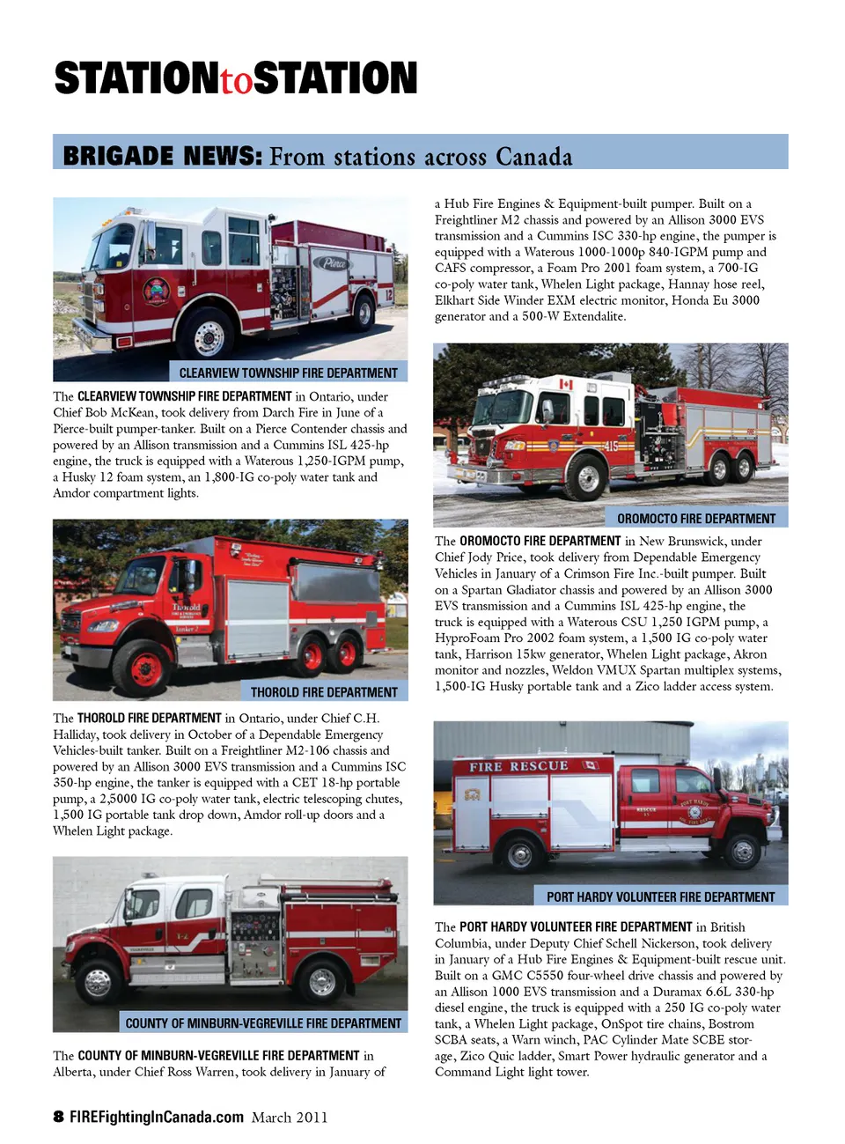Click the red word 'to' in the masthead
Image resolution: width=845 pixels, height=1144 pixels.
pyautogui.click(x=236, y=80)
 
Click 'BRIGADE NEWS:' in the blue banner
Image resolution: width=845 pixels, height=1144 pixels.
pyautogui.click(x=163, y=156)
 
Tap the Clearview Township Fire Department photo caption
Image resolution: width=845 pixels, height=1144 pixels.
pyautogui.click(x=288, y=373)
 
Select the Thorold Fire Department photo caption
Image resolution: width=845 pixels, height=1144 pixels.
pyautogui.click(x=324, y=692)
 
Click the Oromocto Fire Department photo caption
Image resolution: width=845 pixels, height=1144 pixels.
pyautogui.click(x=696, y=519)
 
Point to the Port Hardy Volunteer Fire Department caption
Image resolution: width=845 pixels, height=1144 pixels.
pyautogui.click(x=660, y=897)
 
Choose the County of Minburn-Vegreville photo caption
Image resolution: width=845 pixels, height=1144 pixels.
pyautogui.click(x=263, y=1023)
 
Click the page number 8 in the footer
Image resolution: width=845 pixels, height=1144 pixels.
pyautogui.click(x=58, y=1117)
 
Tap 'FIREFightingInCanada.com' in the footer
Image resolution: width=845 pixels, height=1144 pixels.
pyautogui.click(x=157, y=1117)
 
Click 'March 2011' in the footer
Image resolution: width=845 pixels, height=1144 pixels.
pyautogui.click(x=290, y=1118)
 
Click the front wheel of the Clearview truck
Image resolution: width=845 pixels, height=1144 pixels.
pyautogui.click(x=209, y=337)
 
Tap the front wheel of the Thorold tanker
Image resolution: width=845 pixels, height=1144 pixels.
pyautogui.click(x=146, y=667)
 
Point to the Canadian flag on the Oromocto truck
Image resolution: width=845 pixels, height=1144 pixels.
pyautogui.click(x=566, y=384)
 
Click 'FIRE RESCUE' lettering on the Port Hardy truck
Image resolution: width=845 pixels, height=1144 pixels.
pyautogui.click(x=518, y=766)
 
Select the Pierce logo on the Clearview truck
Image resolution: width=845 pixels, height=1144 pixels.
pyautogui.click(x=334, y=262)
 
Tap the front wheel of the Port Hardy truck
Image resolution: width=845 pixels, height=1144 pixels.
pyautogui.click(x=742, y=852)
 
